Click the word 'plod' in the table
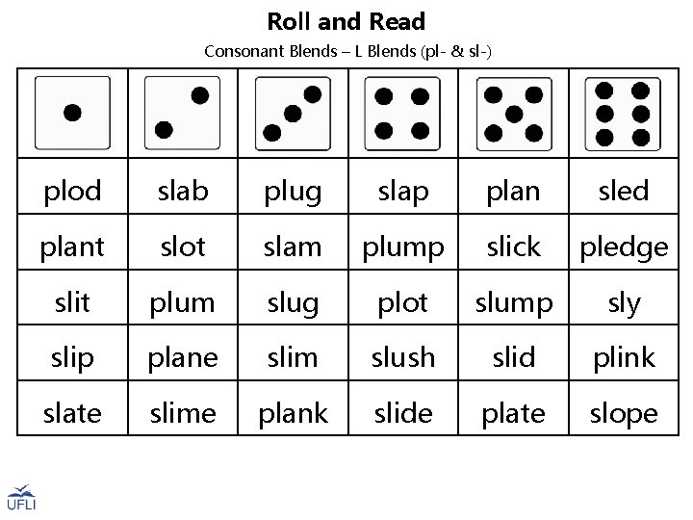(73, 192)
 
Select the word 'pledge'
(623, 247)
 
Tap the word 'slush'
(402, 358)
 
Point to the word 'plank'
(293, 414)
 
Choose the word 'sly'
(623, 303)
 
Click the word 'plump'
(402, 247)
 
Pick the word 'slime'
(183, 414)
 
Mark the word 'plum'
(183, 303)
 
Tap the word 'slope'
(623, 414)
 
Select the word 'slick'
(513, 247)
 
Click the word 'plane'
(183, 358)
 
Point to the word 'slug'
(293, 303)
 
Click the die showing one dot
(72, 113)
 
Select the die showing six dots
(623, 113)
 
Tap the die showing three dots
(293, 113)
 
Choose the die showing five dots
(513, 113)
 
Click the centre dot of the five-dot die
(514, 114)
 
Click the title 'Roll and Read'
(346, 21)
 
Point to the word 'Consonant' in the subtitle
(243, 50)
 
